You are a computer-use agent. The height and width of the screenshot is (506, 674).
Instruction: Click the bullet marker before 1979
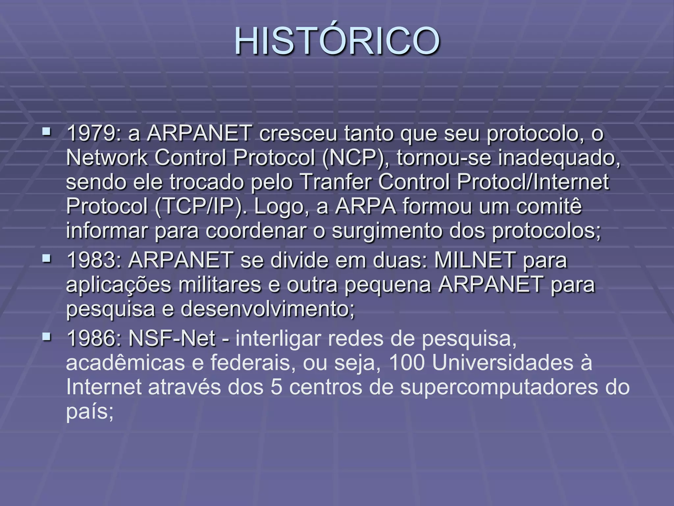(47, 132)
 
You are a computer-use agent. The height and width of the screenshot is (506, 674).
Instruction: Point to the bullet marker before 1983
(47, 259)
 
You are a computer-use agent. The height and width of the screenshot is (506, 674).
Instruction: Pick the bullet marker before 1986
(47, 337)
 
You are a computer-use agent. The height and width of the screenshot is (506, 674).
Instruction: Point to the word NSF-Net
(172, 338)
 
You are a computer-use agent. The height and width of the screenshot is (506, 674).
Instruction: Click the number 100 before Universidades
(407, 363)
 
